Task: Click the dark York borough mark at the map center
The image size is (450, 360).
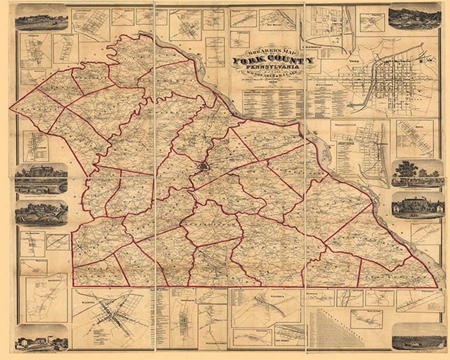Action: click(203, 168)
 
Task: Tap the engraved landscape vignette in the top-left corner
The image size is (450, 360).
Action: click(41, 18)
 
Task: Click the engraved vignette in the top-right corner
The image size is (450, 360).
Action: click(414, 16)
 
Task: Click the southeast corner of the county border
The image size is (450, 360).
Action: click(438, 287)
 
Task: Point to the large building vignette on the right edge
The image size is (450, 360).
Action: click(418, 205)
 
